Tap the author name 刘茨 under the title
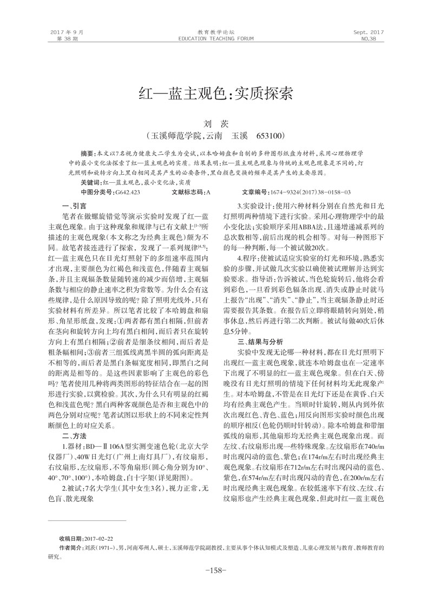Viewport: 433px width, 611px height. pyautogui.click(x=216, y=124)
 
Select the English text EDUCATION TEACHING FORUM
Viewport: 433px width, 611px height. pyautogui.click(x=216, y=39)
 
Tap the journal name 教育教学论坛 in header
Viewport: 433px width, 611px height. pyautogui.click(x=216, y=32)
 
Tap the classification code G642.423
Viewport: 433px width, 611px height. pyautogui.click(x=128, y=192)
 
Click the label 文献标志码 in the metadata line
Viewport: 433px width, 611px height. pyautogui.click(x=187, y=192)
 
